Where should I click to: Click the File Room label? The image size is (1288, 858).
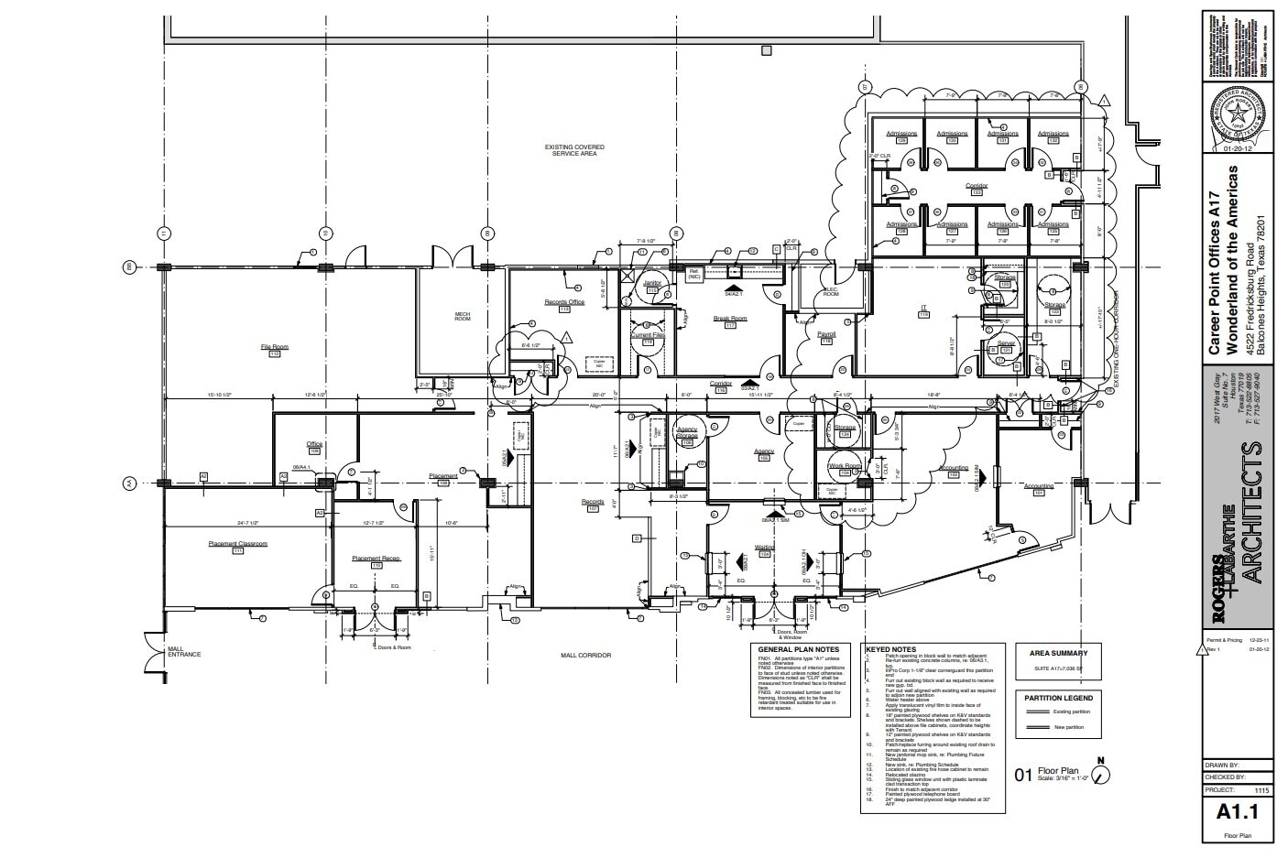coord(274,347)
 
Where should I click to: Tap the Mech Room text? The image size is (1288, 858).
coord(463,316)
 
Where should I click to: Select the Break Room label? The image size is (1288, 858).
coord(730,319)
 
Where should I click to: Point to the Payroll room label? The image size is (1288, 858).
coord(825,335)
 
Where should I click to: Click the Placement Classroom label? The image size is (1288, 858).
coord(237,544)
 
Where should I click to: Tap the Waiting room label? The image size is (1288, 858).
coord(765,548)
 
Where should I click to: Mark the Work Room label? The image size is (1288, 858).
coord(845,466)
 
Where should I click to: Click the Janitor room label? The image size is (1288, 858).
coord(652,284)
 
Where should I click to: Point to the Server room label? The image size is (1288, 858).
coord(1005,343)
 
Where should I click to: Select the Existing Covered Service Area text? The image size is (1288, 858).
coord(574,150)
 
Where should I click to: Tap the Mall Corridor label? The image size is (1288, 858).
coord(585,655)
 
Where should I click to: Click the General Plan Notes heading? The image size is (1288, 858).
coord(794,649)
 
